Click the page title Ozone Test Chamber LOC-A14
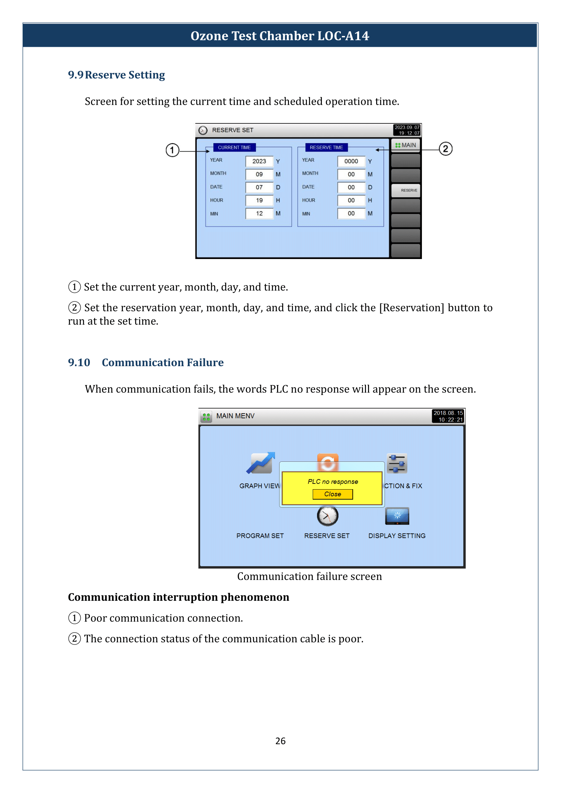(x=280, y=36)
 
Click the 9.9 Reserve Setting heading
(x=116, y=75)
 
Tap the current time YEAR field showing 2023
(x=259, y=161)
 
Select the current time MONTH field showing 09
(x=259, y=174)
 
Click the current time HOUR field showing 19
(x=259, y=200)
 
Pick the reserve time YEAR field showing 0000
(x=351, y=161)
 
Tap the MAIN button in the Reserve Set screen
(x=406, y=145)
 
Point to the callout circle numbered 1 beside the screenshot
(x=172, y=150)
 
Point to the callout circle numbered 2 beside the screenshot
(x=446, y=149)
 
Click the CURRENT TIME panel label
(x=234, y=147)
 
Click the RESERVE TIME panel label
(x=326, y=147)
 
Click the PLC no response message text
(x=333, y=482)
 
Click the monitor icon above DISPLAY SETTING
(x=397, y=516)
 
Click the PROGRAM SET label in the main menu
(x=260, y=536)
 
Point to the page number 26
(x=280, y=741)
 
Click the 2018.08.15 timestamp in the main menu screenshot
(x=448, y=416)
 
